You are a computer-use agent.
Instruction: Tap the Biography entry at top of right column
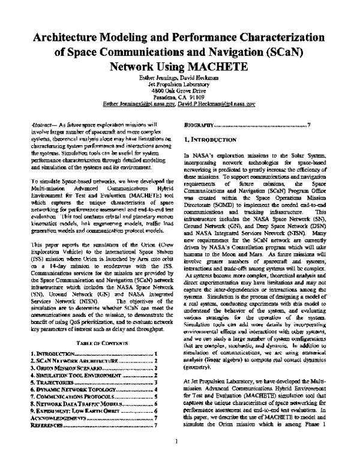click(198, 125)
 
